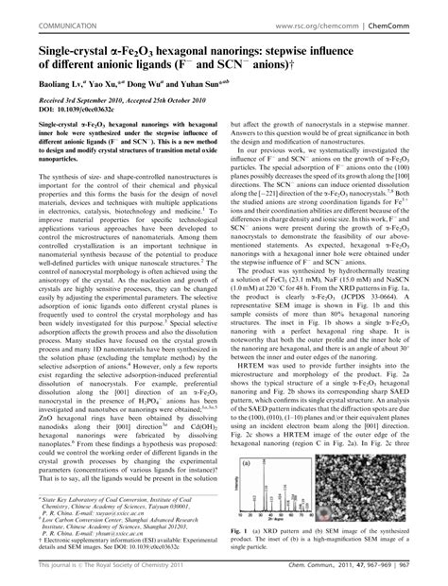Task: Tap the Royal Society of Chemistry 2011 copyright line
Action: [95, 576]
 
